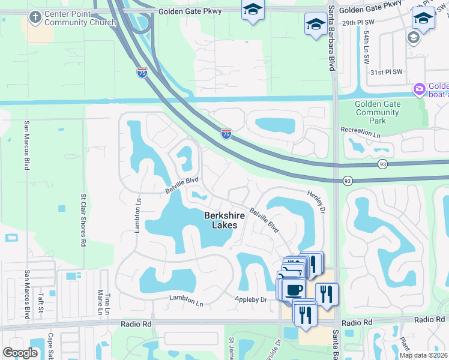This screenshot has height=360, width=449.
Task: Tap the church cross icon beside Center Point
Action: (x=35, y=18)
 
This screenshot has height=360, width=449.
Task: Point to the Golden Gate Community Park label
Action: (x=378, y=112)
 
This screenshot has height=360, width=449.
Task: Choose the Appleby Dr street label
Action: (x=250, y=299)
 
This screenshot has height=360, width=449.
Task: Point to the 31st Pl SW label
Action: (x=385, y=72)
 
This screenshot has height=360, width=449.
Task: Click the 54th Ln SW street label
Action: (x=366, y=48)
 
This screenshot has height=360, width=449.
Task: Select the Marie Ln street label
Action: (x=99, y=303)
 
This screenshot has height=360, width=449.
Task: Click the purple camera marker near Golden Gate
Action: (x=419, y=89)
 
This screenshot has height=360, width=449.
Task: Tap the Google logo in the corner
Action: (x=20, y=352)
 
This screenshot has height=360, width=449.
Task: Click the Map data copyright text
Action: (x=423, y=355)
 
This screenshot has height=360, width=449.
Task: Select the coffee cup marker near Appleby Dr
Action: (x=294, y=289)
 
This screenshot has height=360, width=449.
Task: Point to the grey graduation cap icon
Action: (x=412, y=38)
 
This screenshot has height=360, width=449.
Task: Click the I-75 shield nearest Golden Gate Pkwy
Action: (x=142, y=73)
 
